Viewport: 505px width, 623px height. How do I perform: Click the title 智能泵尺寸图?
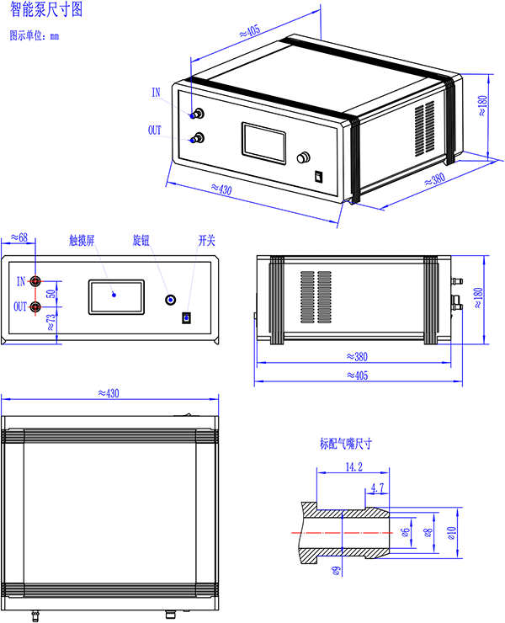pos(46,9)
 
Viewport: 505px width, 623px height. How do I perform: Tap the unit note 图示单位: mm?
pos(35,35)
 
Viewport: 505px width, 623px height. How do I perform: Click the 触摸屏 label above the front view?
pos(82,241)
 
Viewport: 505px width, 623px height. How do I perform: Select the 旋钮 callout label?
pos(141,241)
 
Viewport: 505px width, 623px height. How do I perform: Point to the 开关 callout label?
pos(206,241)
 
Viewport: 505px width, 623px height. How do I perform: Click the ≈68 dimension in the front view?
pos(19,237)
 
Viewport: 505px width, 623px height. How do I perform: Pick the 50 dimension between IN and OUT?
pos(50,294)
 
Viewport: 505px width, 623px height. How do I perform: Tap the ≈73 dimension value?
pos(50,322)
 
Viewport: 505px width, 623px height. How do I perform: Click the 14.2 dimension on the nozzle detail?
pos(353,466)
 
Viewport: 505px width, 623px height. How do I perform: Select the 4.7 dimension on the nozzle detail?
pos(377,487)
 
